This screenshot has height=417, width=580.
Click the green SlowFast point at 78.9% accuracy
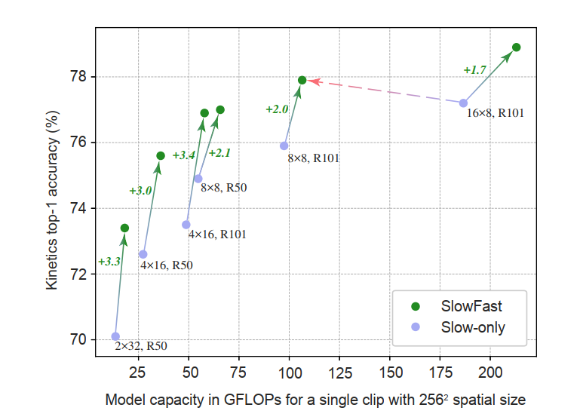click(x=517, y=48)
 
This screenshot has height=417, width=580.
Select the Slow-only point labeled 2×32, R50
click(x=115, y=336)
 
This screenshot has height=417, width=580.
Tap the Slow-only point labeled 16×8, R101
click(x=463, y=103)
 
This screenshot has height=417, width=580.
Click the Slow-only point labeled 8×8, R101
click(x=284, y=146)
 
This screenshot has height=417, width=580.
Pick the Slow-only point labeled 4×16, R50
click(x=143, y=254)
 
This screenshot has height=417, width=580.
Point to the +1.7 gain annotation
click(x=474, y=70)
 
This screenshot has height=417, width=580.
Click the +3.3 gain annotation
click(x=109, y=262)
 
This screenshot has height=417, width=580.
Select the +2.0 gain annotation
click(x=277, y=109)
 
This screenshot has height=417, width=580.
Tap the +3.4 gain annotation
click(x=184, y=155)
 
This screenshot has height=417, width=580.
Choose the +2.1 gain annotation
click(x=219, y=153)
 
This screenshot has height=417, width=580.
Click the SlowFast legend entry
click(x=471, y=306)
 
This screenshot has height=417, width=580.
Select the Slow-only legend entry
click(x=473, y=327)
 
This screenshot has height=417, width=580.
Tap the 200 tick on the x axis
click(x=490, y=373)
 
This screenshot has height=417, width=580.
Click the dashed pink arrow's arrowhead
click(x=312, y=81)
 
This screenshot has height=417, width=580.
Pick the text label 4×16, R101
click(x=217, y=235)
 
